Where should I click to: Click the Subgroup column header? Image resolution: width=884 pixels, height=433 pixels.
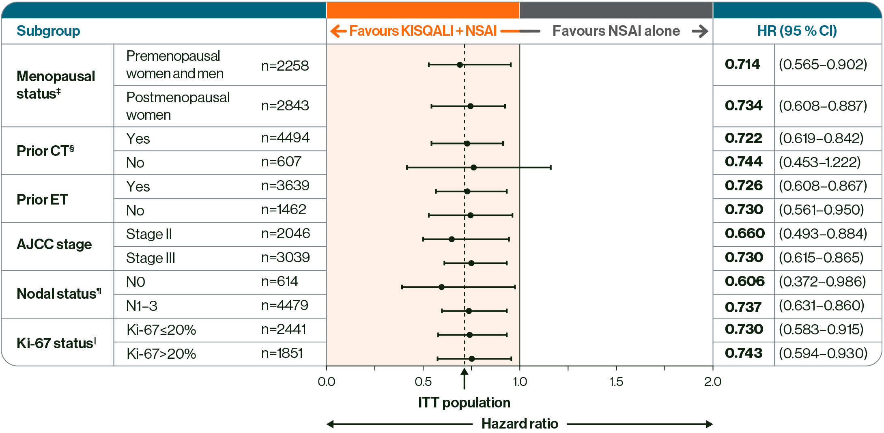click(48, 31)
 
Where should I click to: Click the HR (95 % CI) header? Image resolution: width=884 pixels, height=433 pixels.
click(797, 31)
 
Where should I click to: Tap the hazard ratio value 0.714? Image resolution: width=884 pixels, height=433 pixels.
click(742, 64)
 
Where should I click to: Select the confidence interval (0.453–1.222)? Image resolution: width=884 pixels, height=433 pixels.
click(819, 162)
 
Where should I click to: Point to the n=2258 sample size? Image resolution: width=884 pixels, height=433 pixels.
click(285, 65)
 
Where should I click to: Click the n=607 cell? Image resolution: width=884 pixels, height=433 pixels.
click(281, 162)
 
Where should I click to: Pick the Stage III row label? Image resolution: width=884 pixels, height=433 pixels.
click(151, 258)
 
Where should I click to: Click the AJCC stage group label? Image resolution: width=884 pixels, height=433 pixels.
click(54, 244)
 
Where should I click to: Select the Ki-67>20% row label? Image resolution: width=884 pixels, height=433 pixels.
click(161, 353)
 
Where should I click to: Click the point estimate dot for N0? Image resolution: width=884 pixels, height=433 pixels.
click(441, 287)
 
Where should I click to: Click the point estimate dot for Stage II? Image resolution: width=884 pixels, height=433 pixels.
click(452, 239)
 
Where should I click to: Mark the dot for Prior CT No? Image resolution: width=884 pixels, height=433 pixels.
click(473, 167)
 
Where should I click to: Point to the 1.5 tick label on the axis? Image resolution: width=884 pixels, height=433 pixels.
click(616, 381)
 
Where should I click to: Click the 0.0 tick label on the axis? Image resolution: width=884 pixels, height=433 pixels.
click(326, 381)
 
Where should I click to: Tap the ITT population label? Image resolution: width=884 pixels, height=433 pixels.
click(464, 402)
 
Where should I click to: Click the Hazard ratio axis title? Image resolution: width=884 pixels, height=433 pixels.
click(520, 424)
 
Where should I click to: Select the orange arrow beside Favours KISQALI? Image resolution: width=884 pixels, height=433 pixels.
click(338, 31)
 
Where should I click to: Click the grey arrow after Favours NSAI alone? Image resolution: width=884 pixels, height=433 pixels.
click(700, 31)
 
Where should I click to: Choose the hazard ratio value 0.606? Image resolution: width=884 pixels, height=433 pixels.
click(744, 281)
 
